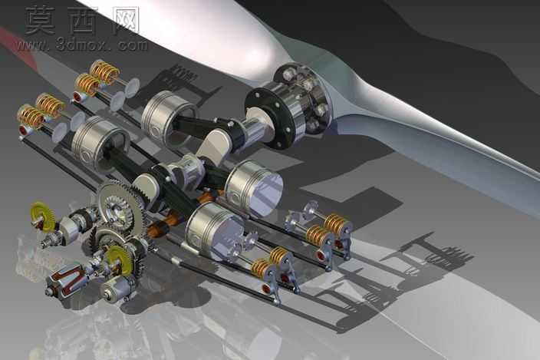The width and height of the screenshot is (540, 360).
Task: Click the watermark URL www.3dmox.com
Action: coord(81,45)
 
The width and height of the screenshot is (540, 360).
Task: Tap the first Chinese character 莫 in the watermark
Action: coord(41,20)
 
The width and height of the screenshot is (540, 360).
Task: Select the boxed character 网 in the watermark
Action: coord(126,20)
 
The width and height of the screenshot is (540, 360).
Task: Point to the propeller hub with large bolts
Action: coord(303,97)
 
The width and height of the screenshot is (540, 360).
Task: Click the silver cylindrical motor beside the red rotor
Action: coord(117,289)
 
